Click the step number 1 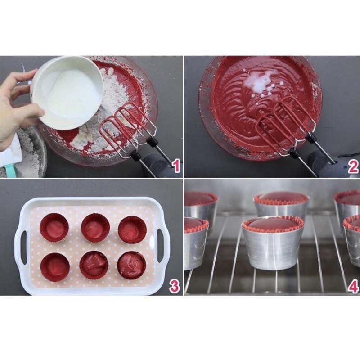tap(176, 166)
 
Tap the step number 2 tap(353, 166)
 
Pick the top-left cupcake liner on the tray tap(54, 227)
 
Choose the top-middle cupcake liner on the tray tap(95, 227)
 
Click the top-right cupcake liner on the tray tap(132, 229)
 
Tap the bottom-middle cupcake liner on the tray tap(94, 265)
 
